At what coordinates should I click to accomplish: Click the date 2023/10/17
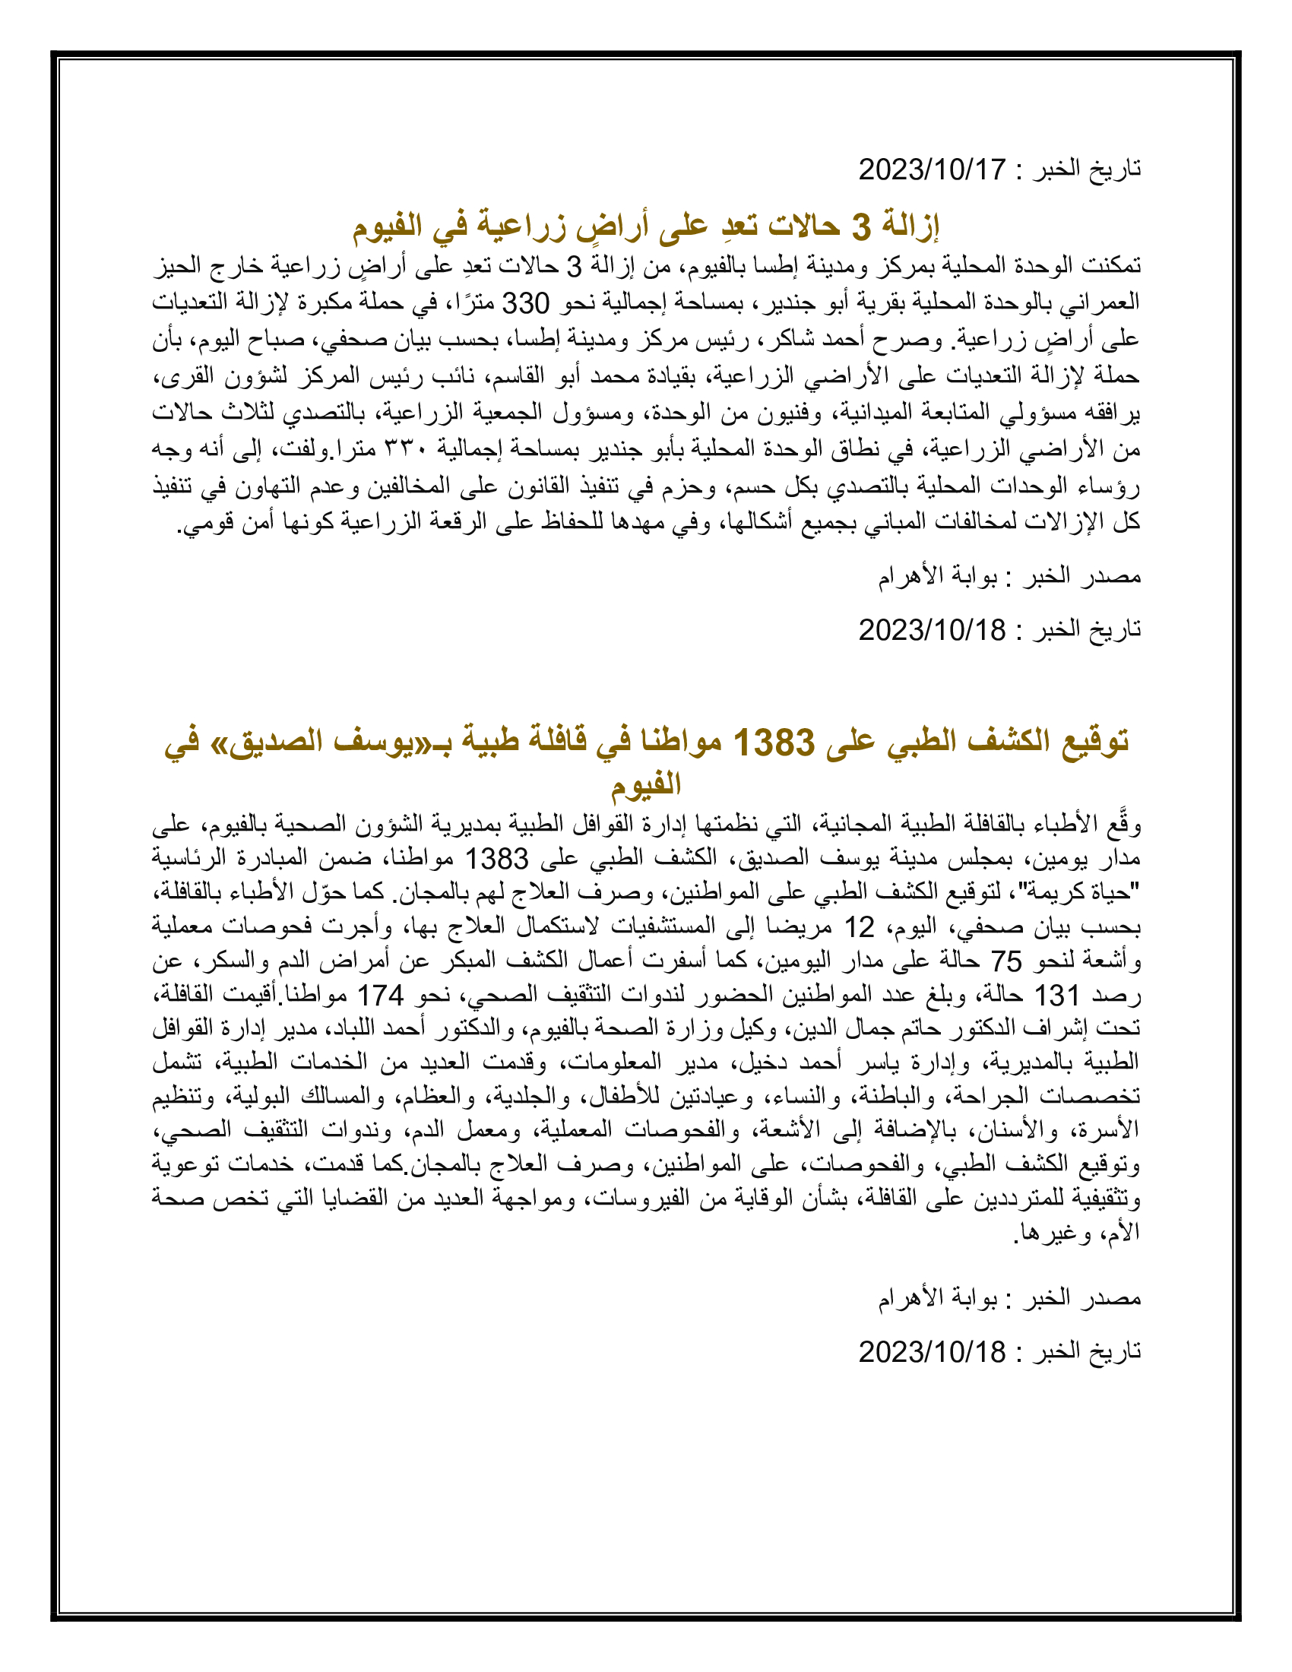tap(932, 169)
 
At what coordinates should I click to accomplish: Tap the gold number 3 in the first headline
tap(861, 226)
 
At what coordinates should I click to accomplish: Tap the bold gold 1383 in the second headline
tap(774, 742)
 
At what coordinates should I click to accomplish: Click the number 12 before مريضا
tap(858, 927)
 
